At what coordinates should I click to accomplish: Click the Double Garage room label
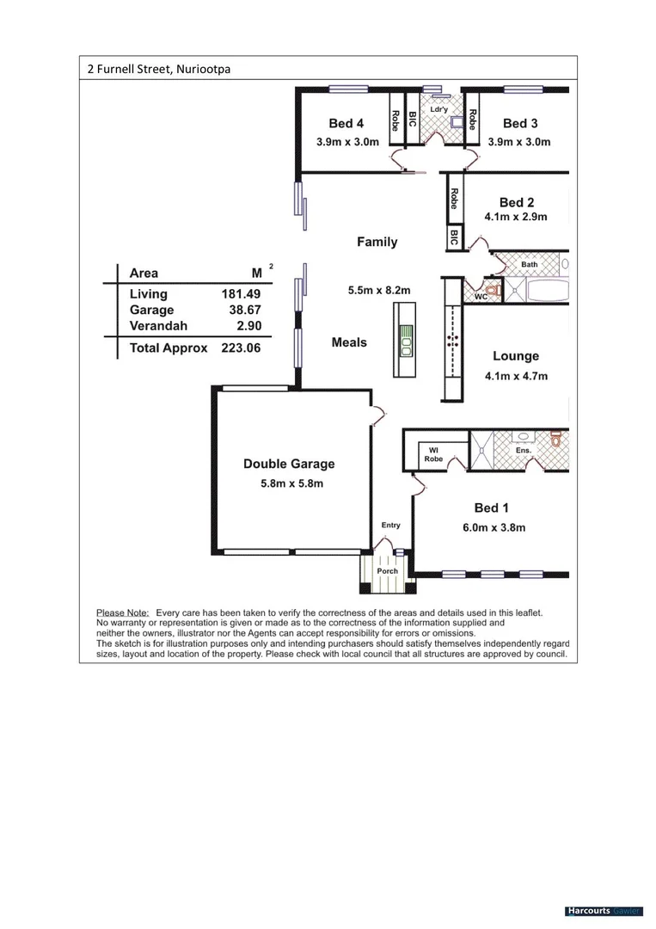pos(289,464)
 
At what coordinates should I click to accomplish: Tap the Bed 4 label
pos(346,124)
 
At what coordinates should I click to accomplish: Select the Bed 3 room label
pos(520,124)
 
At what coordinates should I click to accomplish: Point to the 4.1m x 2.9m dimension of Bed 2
pos(516,217)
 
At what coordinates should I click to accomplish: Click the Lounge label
pos(516,356)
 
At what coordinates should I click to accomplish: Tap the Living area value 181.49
pos(242,294)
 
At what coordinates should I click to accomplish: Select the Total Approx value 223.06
pos(241,348)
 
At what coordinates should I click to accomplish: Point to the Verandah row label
pos(157,326)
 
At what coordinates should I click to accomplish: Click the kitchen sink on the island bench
pos(405,341)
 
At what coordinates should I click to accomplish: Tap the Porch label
pos(387,570)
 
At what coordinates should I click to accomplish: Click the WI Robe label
pos(433,454)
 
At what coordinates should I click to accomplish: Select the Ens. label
pos(524,450)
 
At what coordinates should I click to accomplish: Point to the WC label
pos(481,297)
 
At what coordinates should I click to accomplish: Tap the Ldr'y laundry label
pos(438,109)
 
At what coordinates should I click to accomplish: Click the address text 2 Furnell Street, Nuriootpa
pos(159,69)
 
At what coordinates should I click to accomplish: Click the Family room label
pos(377,243)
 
